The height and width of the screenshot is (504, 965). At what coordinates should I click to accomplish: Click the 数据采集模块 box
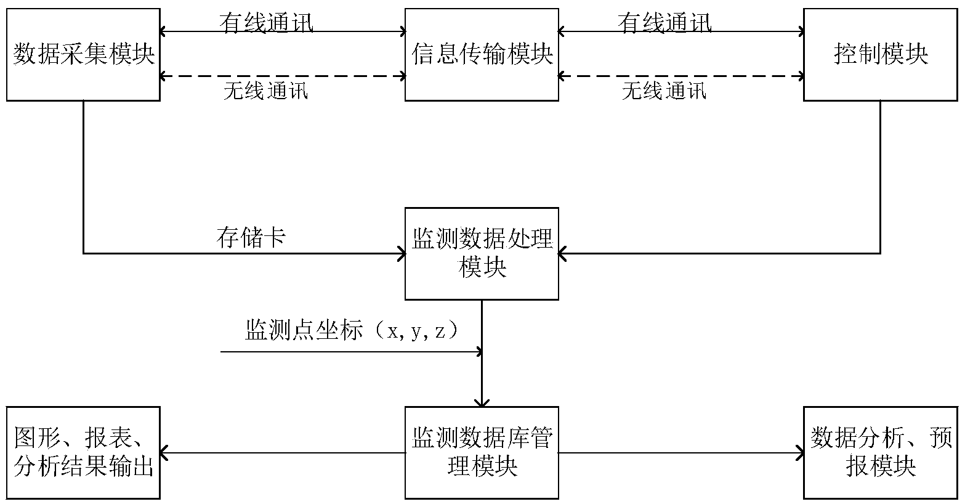pyautogui.click(x=84, y=54)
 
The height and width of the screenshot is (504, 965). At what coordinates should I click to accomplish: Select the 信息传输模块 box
pyautogui.click(x=482, y=54)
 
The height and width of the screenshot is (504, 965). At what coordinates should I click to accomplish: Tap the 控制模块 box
pyautogui.click(x=881, y=54)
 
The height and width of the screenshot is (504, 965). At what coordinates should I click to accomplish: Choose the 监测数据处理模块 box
pyautogui.click(x=482, y=253)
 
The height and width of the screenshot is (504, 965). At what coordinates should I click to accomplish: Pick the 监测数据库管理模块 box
pyautogui.click(x=482, y=453)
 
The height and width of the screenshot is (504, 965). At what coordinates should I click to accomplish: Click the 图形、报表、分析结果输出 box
pyautogui.click(x=84, y=453)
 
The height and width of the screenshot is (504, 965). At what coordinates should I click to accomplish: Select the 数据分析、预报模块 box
pyautogui.click(x=881, y=453)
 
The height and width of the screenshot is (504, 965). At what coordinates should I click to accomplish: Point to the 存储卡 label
pyautogui.click(x=251, y=237)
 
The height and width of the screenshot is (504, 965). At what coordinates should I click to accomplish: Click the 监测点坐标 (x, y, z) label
pyautogui.click(x=352, y=331)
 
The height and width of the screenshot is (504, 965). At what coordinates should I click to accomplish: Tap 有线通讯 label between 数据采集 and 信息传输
pyautogui.click(x=266, y=22)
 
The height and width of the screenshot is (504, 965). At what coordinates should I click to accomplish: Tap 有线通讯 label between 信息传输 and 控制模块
pyautogui.click(x=664, y=22)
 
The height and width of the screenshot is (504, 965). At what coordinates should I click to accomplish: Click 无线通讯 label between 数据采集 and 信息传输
pyautogui.click(x=266, y=91)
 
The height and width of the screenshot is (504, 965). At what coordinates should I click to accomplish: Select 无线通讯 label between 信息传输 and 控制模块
pyautogui.click(x=664, y=91)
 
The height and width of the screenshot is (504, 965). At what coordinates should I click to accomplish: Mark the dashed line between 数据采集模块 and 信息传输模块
pyautogui.click(x=283, y=76)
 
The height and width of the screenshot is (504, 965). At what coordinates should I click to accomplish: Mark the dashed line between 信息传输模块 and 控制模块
pyautogui.click(x=681, y=76)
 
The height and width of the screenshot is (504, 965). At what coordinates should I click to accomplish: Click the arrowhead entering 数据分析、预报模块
pyautogui.click(x=801, y=453)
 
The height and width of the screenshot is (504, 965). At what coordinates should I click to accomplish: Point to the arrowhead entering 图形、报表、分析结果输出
pyautogui.click(x=164, y=453)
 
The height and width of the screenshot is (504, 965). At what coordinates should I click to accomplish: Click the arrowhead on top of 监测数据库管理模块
pyautogui.click(x=482, y=403)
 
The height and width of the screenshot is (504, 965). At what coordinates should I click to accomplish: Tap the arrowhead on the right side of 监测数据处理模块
pyautogui.click(x=562, y=253)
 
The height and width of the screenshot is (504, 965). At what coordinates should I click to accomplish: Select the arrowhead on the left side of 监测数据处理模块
pyautogui.click(x=402, y=253)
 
